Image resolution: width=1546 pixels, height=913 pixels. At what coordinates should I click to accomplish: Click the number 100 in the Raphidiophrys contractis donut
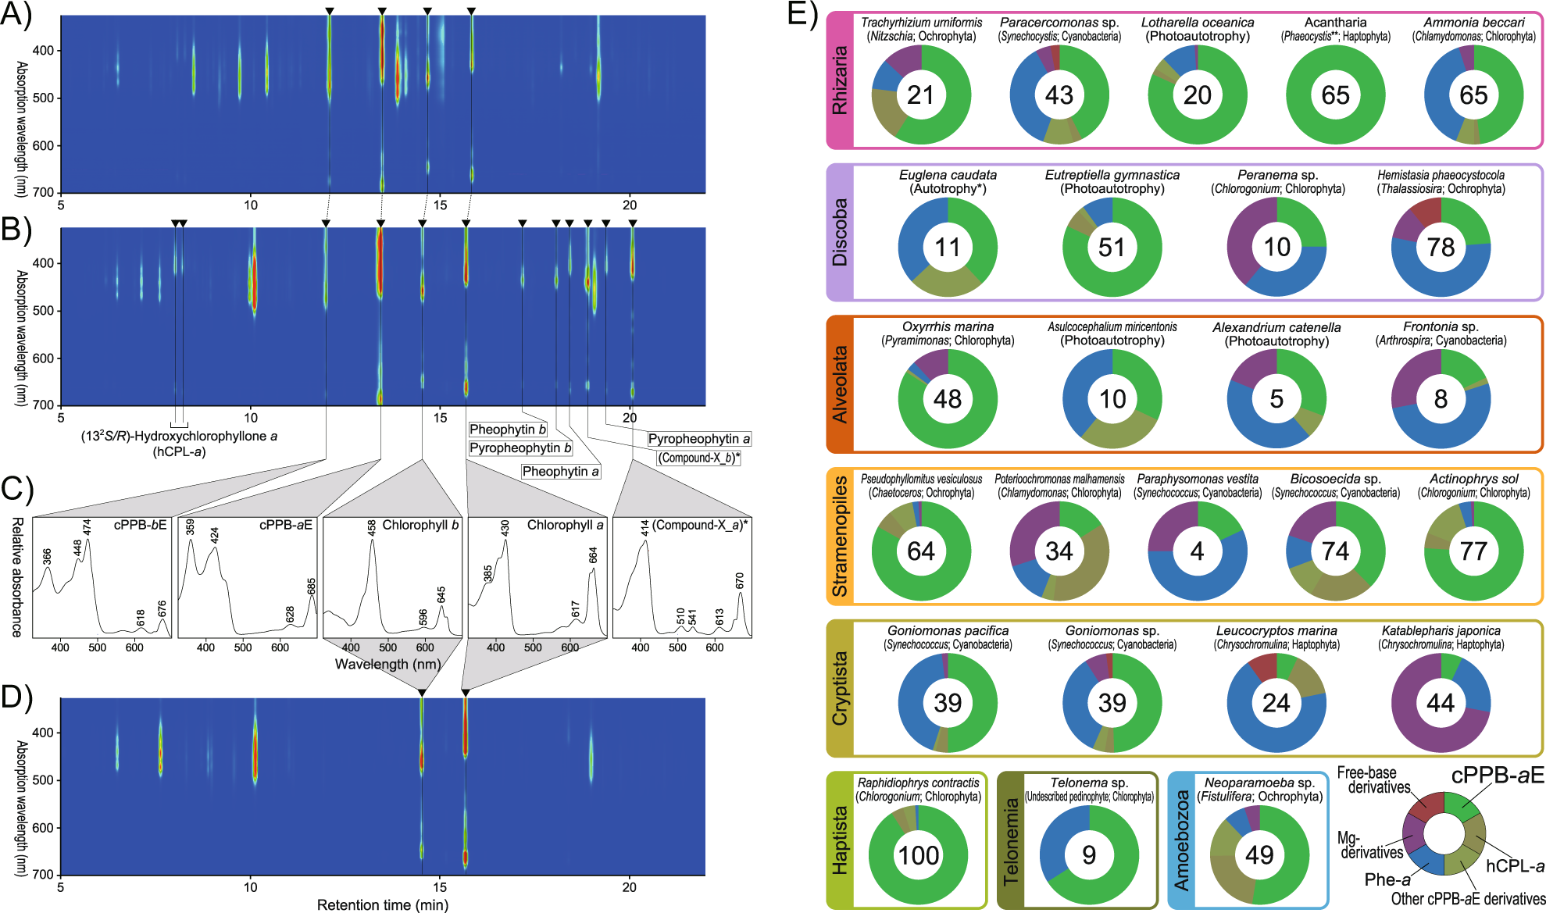coord(919,855)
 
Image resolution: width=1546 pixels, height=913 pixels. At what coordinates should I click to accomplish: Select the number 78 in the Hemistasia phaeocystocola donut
coord(1441,248)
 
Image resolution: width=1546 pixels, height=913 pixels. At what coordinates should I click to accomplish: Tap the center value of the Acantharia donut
coord(1335,95)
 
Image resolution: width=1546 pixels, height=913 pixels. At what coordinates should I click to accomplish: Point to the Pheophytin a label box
coord(561,472)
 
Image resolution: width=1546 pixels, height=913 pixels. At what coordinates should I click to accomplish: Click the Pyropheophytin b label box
coord(520,448)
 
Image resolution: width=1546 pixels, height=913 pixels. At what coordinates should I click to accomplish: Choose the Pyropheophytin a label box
coord(698,439)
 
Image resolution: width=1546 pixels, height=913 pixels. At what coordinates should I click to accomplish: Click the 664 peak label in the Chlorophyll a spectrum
coord(593,555)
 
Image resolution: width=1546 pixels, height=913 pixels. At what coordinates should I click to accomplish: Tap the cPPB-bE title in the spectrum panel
coord(140,525)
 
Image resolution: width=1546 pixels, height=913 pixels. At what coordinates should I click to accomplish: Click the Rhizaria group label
coord(841,80)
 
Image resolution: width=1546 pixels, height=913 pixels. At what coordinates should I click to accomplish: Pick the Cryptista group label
coord(841,688)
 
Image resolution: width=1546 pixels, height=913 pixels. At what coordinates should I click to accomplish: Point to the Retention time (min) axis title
coord(382,905)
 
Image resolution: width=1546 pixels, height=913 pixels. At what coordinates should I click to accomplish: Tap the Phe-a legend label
coord(1387,879)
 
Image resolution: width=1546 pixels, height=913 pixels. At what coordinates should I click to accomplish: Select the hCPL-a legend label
coord(1515,866)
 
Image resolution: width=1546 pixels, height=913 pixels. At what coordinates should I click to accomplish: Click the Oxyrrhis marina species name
coord(948,327)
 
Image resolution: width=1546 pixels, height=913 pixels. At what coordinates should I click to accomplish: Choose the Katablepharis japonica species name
coord(1441,631)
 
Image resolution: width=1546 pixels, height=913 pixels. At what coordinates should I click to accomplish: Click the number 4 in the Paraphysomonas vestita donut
coord(1197,551)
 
